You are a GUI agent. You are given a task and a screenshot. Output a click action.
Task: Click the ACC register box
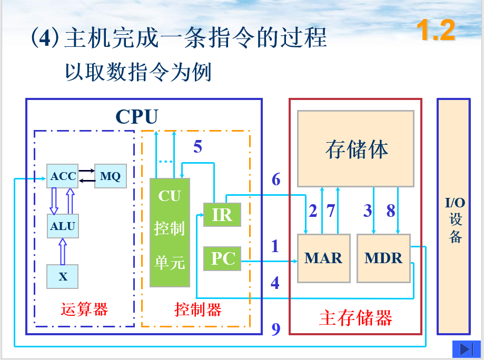click(63, 176)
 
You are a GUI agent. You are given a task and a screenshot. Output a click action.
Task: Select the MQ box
click(110, 176)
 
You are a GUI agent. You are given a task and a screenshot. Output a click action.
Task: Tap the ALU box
click(63, 226)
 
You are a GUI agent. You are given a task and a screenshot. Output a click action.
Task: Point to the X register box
click(63, 276)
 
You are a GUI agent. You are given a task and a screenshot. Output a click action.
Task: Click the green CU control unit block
click(170, 232)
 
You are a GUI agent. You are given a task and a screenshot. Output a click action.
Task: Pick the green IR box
click(222, 215)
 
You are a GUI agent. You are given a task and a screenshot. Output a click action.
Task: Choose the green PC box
click(222, 258)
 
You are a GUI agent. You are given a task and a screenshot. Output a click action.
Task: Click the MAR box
click(323, 258)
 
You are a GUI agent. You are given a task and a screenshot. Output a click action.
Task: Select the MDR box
click(383, 258)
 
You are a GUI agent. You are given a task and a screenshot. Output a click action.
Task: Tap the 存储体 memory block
click(356, 148)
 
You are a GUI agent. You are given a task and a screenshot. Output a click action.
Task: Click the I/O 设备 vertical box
click(454, 216)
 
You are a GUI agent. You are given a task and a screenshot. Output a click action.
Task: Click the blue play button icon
click(465, 349)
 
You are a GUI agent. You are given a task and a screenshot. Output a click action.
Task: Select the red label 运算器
click(84, 309)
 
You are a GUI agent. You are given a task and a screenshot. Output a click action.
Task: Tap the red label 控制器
click(197, 309)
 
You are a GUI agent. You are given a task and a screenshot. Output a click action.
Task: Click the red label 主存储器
click(355, 318)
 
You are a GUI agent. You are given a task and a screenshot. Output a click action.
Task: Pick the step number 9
click(276, 329)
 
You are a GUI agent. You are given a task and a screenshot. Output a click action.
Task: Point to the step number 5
click(197, 147)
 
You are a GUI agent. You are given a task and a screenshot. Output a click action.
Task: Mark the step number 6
click(276, 179)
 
